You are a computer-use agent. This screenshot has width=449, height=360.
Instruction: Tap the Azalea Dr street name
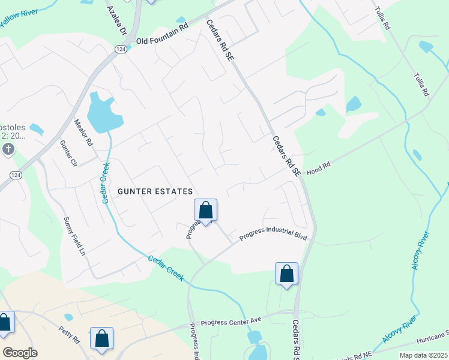(x=116, y=21)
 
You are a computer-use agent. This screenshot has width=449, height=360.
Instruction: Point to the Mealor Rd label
(x=83, y=133)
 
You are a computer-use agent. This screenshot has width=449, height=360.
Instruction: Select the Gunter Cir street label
(x=69, y=154)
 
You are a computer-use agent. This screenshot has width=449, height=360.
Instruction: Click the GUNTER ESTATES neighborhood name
(x=155, y=191)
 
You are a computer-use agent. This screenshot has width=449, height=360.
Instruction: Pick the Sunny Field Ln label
(x=75, y=237)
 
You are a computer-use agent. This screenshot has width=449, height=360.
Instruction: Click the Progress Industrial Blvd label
(x=273, y=236)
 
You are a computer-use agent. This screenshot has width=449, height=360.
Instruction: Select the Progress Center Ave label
(x=232, y=322)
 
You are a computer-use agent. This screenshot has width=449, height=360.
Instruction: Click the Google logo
(x=19, y=353)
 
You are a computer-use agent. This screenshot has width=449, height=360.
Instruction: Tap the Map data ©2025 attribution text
(x=423, y=355)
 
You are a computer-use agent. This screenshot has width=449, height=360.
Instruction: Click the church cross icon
(x=8, y=149)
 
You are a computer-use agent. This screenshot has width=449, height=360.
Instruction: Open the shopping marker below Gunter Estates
(x=205, y=211)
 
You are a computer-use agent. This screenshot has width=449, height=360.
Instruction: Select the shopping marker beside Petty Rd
(x=101, y=338)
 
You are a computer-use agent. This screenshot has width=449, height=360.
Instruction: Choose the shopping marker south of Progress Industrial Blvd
(x=286, y=274)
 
